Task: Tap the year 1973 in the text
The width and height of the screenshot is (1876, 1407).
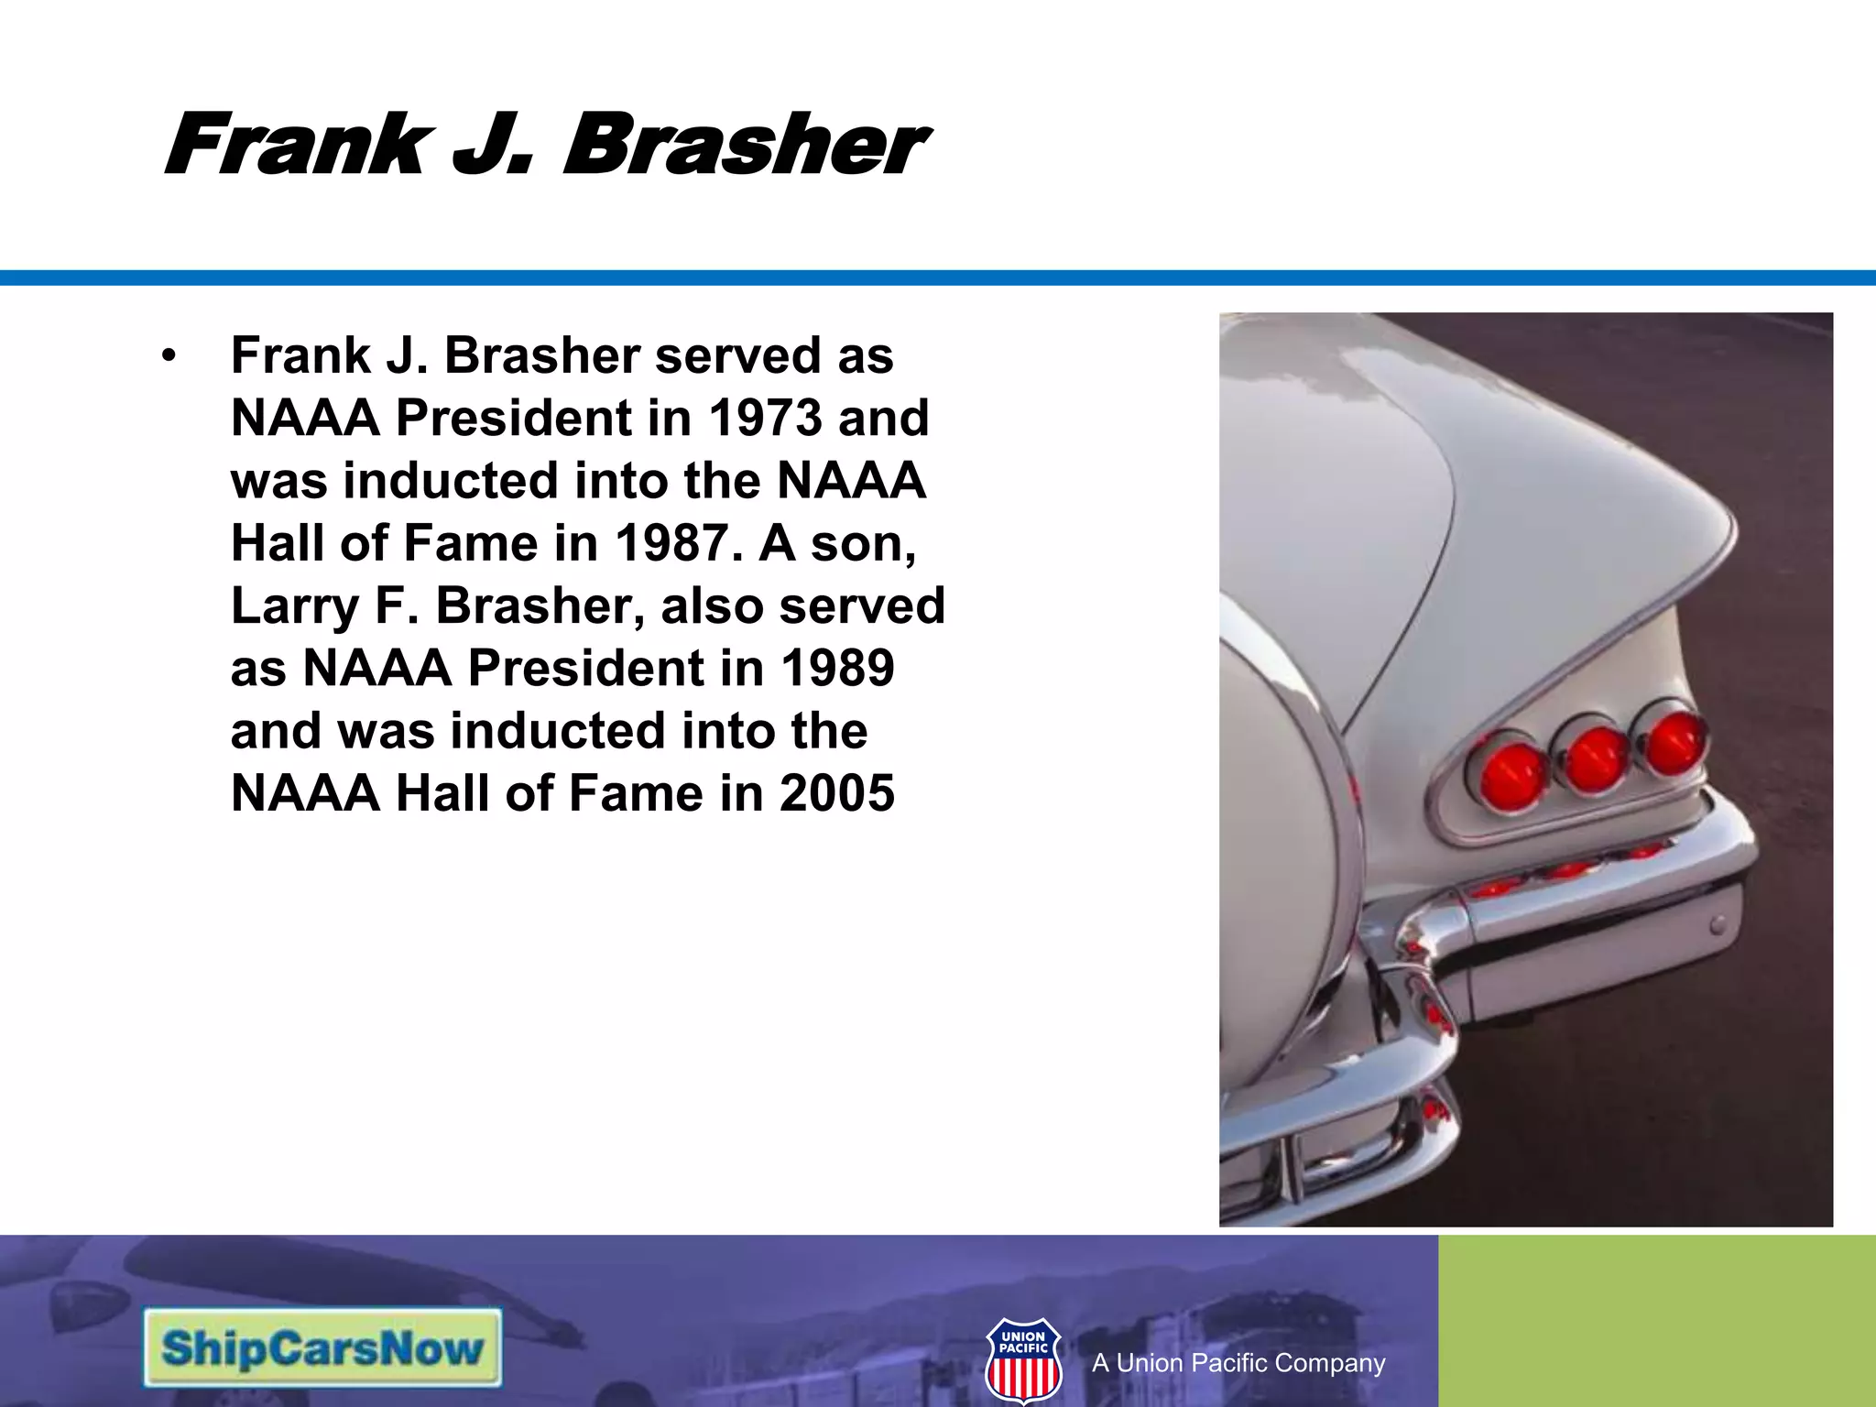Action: click(x=766, y=419)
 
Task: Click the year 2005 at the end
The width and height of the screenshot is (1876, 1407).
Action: click(x=836, y=793)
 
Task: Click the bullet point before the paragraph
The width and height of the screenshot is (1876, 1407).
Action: click(x=168, y=357)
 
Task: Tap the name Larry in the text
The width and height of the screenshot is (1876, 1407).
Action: click(x=293, y=606)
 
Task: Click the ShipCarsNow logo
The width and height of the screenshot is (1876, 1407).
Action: click(x=322, y=1347)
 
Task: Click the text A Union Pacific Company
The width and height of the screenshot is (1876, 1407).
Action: click(x=1238, y=1363)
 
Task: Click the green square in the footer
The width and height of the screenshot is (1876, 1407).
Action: click(x=1656, y=1320)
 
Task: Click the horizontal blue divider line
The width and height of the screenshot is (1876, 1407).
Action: click(x=938, y=278)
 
